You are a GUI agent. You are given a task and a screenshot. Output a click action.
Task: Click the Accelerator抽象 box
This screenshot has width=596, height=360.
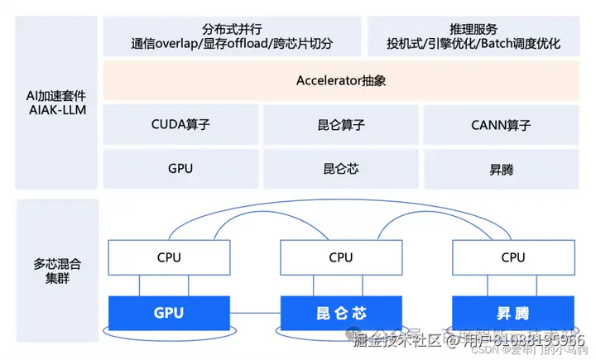(341, 81)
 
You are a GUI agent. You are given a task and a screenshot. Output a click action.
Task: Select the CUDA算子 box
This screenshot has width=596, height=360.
(180, 125)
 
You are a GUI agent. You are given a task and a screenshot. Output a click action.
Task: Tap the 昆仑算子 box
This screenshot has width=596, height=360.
(341, 125)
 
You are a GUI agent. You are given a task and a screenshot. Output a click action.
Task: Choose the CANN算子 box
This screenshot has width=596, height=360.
(501, 125)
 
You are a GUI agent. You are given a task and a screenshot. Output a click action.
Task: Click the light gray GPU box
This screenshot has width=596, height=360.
(180, 169)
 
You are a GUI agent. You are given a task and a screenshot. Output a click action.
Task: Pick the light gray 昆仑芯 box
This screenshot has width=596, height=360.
(341, 169)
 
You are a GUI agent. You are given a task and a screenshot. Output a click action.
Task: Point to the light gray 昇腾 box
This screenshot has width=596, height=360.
(501, 169)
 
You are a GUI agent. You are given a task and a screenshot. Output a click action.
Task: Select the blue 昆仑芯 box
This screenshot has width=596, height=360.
(341, 314)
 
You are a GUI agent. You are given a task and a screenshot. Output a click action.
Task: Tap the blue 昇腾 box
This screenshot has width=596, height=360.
(513, 314)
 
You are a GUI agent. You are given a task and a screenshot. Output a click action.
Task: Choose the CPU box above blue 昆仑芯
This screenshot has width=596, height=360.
(341, 257)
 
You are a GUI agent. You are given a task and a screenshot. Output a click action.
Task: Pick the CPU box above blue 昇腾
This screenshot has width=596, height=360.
(513, 257)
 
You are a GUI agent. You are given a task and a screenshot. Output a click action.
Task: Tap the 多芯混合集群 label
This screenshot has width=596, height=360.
(57, 271)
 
